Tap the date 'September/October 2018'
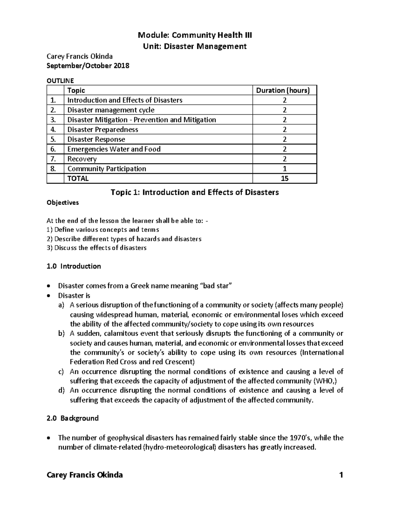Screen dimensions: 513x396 (88, 66)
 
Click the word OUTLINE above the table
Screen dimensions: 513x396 (60, 81)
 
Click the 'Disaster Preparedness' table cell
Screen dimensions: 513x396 (103, 129)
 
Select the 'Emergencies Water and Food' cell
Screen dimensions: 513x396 (114, 149)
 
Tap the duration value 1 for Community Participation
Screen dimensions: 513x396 (284, 169)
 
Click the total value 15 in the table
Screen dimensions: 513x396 (284, 179)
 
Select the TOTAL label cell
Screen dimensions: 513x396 (78, 179)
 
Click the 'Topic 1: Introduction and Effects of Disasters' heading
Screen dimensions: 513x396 (195, 192)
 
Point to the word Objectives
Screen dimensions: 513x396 (63, 203)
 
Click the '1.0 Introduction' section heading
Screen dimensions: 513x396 (74, 266)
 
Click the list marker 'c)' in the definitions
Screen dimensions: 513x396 (61, 372)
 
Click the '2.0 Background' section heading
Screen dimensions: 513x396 (73, 418)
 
